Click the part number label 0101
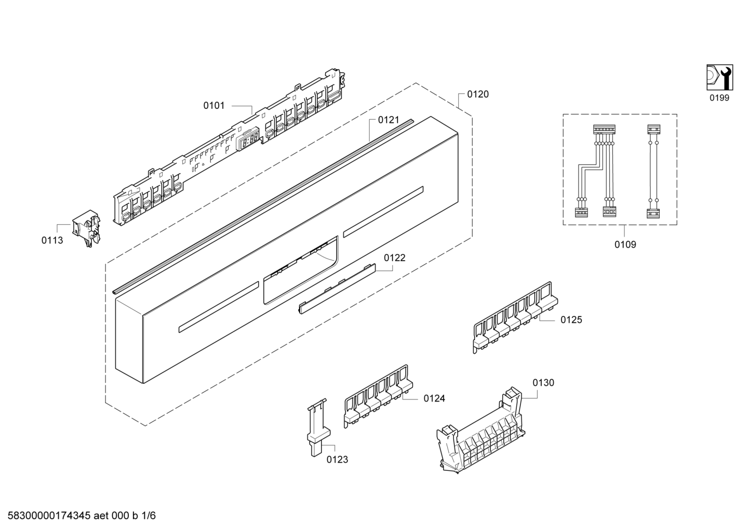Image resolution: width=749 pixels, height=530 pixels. coord(213,106)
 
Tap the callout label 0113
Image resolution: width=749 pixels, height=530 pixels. coord(52,240)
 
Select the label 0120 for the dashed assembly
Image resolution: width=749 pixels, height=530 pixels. coord(478,94)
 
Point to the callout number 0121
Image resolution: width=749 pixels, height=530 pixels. coord(389,120)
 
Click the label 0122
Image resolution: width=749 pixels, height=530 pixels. coord(395,257)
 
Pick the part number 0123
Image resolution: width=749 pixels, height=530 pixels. coord(337,459)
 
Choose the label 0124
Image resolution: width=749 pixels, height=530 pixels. coord(434,398)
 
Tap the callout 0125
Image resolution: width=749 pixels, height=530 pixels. coord(571,320)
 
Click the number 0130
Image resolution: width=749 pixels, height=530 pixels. coord(543,383)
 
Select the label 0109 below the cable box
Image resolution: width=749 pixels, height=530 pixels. coord(625,244)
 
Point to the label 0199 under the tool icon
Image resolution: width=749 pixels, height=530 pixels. coord(719,98)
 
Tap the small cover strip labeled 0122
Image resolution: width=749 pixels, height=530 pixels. coord(337,289)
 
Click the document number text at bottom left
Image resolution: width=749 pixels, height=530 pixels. coord(80,516)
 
